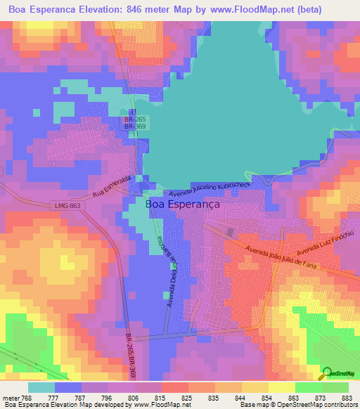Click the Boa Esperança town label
[182, 204]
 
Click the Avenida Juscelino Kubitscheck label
[210, 188]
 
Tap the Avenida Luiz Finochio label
[324, 244]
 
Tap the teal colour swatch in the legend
[41, 387]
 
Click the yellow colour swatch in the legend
[281, 387]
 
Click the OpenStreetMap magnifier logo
[327, 373]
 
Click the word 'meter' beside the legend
[13, 398]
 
